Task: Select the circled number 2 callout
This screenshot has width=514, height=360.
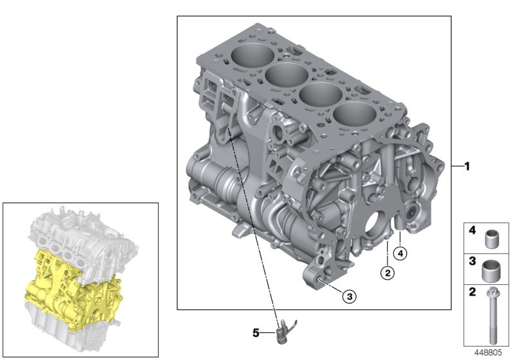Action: click(387, 273)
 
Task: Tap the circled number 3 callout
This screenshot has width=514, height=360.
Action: click(348, 296)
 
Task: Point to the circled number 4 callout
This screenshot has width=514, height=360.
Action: click(400, 254)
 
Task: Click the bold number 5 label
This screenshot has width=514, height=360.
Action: click(255, 333)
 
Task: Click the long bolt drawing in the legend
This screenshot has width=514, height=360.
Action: click(493, 316)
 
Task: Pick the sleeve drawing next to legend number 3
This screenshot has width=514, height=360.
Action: click(493, 267)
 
